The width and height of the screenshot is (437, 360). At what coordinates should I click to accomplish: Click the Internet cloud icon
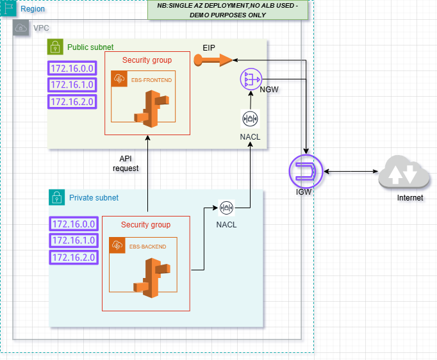[402, 173]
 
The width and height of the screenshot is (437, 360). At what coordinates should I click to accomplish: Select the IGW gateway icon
[305, 172]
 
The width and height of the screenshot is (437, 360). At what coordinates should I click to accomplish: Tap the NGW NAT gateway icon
[251, 79]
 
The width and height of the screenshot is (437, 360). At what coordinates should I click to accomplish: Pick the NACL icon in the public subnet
[250, 119]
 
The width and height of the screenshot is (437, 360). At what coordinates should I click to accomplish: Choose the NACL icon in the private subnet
[226, 208]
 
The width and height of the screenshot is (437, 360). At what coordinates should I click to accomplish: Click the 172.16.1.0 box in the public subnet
[72, 85]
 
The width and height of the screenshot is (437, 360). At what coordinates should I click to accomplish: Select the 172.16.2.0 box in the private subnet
[72, 257]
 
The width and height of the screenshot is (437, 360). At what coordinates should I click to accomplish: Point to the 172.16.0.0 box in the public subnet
[72, 68]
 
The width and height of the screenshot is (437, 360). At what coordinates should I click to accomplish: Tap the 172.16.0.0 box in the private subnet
[72, 224]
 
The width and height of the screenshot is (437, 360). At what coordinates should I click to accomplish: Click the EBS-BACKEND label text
[148, 246]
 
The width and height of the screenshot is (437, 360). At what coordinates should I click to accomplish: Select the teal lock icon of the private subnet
[57, 197]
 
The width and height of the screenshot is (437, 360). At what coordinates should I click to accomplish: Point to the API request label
[126, 163]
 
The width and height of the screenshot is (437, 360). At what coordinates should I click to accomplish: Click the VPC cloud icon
[21, 28]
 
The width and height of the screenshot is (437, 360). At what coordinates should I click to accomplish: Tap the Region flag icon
[8, 9]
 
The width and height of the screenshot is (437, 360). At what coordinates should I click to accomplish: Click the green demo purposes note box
[227, 9]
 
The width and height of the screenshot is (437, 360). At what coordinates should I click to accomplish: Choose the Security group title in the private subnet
[145, 225]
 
